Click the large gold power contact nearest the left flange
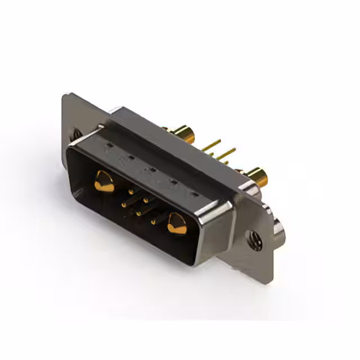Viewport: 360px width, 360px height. pyautogui.click(x=103, y=181)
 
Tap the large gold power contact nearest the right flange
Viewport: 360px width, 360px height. pyautogui.click(x=176, y=223)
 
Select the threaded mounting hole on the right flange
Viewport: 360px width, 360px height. pyautogui.click(x=254, y=240)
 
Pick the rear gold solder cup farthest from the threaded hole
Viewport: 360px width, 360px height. pyautogui.click(x=184, y=134)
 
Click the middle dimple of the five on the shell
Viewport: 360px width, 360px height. pyautogui.click(x=151, y=169)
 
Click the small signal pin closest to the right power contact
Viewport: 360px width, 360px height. pyautogui.click(x=154, y=222)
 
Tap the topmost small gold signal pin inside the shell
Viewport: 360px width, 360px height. pyautogui.click(x=130, y=191)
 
